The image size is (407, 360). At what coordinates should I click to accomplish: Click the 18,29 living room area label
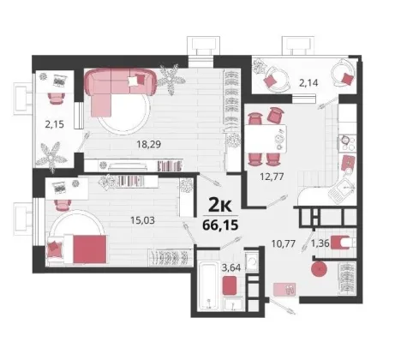pos(149,144)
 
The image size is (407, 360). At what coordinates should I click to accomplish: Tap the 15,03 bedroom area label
pos(142,220)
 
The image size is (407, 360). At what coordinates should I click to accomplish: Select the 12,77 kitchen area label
pos(272,177)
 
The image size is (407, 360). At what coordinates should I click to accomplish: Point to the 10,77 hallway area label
pos(284,243)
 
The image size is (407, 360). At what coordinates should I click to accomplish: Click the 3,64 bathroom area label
pos(231,267)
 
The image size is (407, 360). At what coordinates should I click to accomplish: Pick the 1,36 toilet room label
pos(320,243)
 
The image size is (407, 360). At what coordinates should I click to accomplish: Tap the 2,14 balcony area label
pos(308,83)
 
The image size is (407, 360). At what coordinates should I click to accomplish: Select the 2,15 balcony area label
pos(54,124)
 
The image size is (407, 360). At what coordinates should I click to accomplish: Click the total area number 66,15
pos(220,225)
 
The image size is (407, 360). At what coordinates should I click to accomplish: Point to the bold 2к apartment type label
pos(220,205)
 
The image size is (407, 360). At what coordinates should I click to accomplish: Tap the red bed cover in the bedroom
pos(90,249)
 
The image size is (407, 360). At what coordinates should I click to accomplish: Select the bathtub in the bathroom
pos(208,286)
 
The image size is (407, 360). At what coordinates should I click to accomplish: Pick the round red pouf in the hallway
pos(319,268)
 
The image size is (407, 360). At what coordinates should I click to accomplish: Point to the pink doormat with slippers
pos(284,290)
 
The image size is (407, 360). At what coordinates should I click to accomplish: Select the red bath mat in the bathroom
pos(230,285)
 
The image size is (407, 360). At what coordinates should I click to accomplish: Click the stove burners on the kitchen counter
pos(347,143)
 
